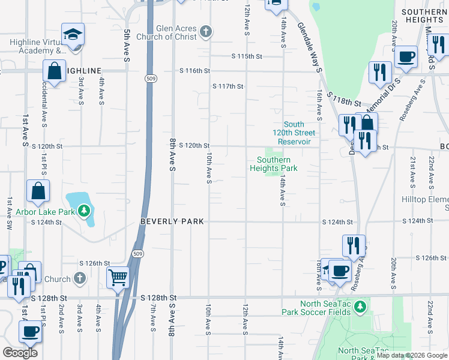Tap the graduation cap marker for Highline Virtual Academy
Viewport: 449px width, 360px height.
(x=73, y=35)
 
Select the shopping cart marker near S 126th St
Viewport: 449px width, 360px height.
(x=118, y=277)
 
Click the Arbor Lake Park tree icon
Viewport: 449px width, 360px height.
(x=85, y=211)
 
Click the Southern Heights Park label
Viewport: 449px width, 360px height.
(x=274, y=164)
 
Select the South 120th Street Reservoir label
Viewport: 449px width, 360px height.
(x=294, y=133)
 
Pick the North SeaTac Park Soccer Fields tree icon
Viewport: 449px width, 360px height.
(x=360, y=308)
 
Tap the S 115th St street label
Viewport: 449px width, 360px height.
(x=248, y=56)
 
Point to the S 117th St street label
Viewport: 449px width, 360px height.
(x=228, y=86)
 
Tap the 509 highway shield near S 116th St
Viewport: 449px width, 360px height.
(x=149, y=78)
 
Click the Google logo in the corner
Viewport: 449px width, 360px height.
(x=20, y=353)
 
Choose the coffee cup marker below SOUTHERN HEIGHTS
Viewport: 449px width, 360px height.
(x=406, y=57)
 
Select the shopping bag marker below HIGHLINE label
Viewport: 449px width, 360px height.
(x=54, y=71)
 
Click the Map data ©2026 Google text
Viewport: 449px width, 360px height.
(x=411, y=355)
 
